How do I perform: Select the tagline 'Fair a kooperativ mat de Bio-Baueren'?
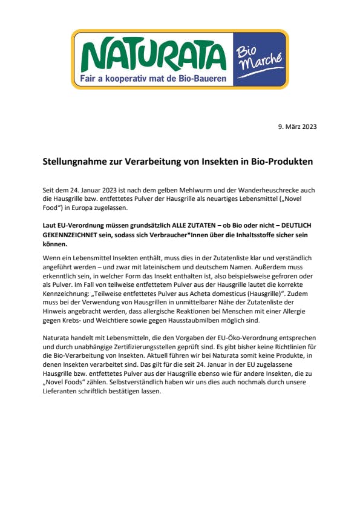point(154,79)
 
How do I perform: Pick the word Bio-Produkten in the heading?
point(283,162)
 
